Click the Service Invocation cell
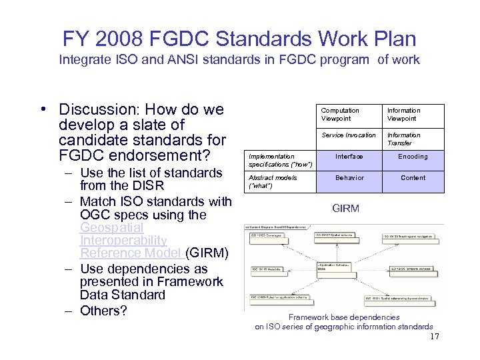pos(349,135)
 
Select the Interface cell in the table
pos(349,157)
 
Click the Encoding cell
pos(413,157)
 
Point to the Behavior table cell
pos(349,178)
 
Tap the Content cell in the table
pos(413,178)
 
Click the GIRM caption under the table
pos(345,209)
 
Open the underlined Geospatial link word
pos(111,227)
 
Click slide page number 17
pos(434,337)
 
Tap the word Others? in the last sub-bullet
pos(103,311)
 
